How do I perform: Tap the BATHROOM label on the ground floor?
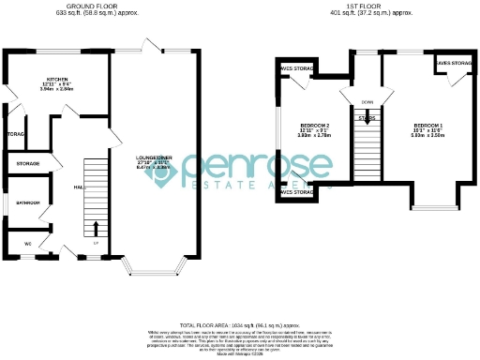[x=27, y=202]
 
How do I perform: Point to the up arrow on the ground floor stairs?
[x=96, y=227]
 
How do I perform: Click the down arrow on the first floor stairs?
[x=368, y=118]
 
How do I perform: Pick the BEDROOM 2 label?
[x=314, y=125]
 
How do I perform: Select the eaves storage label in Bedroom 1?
[x=454, y=64]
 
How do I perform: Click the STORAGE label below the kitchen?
[x=27, y=164]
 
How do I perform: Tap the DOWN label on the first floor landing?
[x=367, y=103]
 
